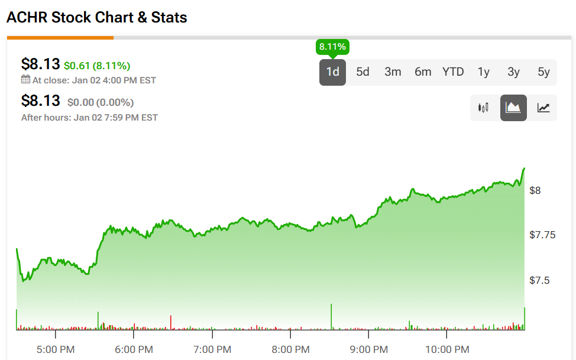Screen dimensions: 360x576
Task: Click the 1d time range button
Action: tap(333, 72)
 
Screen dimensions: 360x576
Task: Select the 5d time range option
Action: tap(363, 72)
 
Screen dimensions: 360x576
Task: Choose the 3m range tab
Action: tap(393, 72)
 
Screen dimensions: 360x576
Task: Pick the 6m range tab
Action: tap(423, 72)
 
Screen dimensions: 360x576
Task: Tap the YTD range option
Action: tap(453, 72)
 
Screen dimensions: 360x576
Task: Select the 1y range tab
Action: tap(484, 72)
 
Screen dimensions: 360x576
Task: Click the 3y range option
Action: tap(513, 72)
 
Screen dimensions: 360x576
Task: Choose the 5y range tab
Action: tap(543, 72)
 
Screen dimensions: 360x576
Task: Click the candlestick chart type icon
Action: tap(484, 108)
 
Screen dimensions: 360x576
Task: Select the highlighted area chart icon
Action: tap(513, 108)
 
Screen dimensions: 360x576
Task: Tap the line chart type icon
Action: tap(543, 108)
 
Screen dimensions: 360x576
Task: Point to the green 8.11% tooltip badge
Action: tap(333, 46)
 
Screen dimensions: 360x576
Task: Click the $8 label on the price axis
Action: tap(535, 190)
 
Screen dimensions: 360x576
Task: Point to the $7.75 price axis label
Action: tap(542, 235)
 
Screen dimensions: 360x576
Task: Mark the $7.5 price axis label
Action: tap(539, 280)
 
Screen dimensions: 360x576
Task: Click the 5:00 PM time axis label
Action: tap(55, 349)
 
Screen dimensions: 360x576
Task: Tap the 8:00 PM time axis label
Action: tap(290, 349)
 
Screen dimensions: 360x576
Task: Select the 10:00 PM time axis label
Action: tap(446, 349)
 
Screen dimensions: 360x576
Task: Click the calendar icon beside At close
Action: tap(25, 80)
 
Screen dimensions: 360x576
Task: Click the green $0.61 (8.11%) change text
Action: tap(97, 66)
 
